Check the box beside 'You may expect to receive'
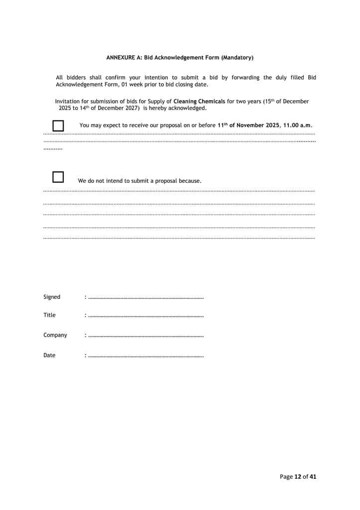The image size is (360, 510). tap(58, 126)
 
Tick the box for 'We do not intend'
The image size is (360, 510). tap(58, 177)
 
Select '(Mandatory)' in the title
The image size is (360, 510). tap(238, 58)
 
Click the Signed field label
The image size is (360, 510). tap(52, 297)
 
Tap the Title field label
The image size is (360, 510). tap(49, 315)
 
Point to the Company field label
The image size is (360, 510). tap(55, 335)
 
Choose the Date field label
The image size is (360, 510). tap(49, 355)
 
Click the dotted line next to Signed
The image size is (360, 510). tap(145, 298)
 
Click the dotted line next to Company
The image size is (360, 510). tap(145, 336)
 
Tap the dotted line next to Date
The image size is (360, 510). tap(145, 356)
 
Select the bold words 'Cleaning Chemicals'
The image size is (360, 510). tap(199, 102)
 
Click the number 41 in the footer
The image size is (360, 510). tap(313, 477)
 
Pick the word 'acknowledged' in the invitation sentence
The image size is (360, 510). tap(189, 108)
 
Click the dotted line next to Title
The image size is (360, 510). tap(145, 316)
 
